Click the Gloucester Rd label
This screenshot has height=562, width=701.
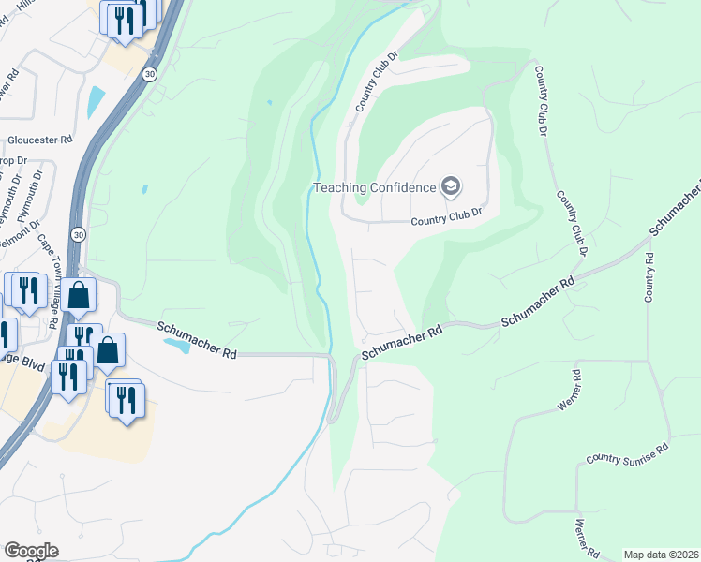point(40,140)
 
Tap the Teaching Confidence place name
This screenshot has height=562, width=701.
point(374,187)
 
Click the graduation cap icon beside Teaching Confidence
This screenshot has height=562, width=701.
point(451,186)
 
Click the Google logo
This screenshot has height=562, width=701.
point(30,551)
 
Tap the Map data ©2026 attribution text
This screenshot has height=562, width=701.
point(660,555)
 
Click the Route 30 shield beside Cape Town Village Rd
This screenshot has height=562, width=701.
point(78,233)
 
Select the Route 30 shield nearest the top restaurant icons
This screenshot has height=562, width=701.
point(149,74)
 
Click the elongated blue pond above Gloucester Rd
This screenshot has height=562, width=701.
point(96,100)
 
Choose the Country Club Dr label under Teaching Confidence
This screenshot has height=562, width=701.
point(447,216)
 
